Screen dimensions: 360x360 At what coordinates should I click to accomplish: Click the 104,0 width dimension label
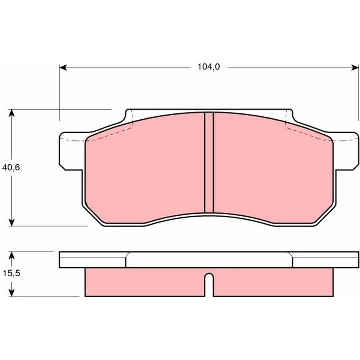(x=209, y=67)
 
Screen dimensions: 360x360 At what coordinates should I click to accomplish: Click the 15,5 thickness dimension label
(x=11, y=274)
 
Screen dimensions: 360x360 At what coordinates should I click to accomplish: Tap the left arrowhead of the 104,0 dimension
(x=63, y=67)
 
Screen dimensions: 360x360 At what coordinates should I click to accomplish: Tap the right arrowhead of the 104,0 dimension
(x=355, y=67)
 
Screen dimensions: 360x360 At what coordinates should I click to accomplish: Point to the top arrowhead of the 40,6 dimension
(x=12, y=113)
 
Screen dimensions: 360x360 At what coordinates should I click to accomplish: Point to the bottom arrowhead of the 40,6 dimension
(x=12, y=222)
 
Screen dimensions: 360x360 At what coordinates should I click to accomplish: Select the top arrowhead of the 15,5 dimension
(x=12, y=256)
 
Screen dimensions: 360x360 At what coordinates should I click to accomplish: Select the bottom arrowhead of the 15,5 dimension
(x=12, y=292)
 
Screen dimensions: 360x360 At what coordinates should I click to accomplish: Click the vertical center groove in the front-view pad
(x=209, y=163)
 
